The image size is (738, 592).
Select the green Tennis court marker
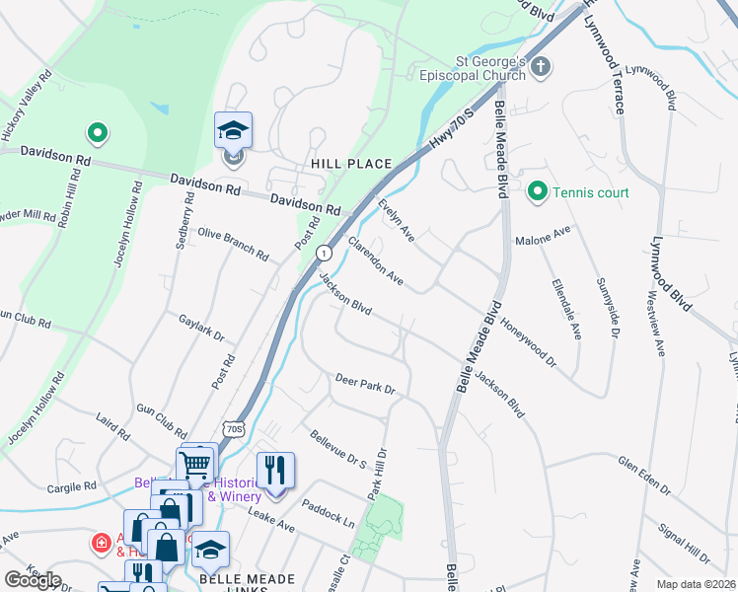tap(538, 190)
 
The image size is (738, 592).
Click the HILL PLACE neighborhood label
tap(351, 164)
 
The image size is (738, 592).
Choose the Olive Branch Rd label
tap(234, 243)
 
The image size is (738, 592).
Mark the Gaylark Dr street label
tap(203, 328)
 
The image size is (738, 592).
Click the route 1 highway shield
tap(323, 254)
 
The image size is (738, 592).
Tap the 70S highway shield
tap(233, 429)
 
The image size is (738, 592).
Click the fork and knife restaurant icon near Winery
tap(275, 471)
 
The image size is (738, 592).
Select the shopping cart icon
tap(195, 462)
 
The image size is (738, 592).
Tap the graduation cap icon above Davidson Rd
tap(234, 131)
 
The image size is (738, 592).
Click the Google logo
tap(34, 579)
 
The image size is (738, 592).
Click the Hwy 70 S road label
tap(454, 128)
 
